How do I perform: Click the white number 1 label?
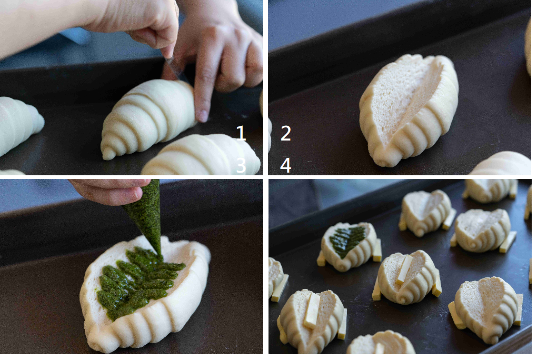pyautogui.click(x=241, y=133)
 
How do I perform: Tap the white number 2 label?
pyautogui.click(x=286, y=133)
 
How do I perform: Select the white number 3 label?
pyautogui.click(x=241, y=165)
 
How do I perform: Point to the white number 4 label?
pyautogui.click(x=286, y=165)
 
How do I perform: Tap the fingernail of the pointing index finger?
pyautogui.click(x=202, y=116)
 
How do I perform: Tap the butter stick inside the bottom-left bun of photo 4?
pyautogui.click(x=312, y=311)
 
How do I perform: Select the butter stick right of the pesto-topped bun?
pyautogui.click(x=377, y=250)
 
